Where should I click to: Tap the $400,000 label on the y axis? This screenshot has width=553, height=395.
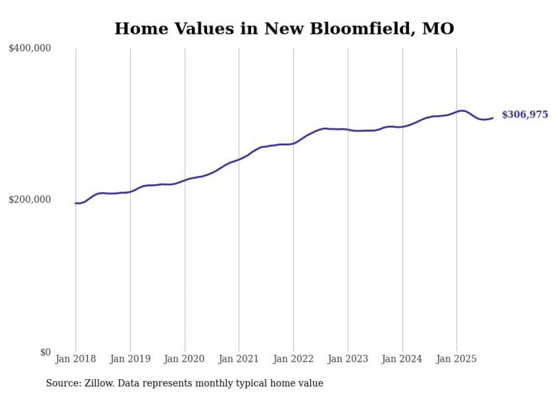point(30,48)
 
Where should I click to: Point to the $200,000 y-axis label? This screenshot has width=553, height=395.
point(30,199)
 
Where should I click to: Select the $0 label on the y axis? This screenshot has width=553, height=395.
point(45,352)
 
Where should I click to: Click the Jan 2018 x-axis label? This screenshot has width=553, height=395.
point(76,359)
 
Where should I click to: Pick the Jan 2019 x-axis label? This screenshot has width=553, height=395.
point(130,359)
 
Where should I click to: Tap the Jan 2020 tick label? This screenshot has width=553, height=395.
point(185,359)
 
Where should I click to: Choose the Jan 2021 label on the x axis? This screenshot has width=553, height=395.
point(239,359)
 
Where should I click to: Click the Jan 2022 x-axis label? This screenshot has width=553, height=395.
point(293,359)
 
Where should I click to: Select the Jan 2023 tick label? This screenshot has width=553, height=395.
point(348,359)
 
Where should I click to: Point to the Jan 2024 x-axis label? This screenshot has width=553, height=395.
point(402,359)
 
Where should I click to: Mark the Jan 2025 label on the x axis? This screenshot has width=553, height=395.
point(457,359)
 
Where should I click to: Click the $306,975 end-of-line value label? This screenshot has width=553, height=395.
point(525,115)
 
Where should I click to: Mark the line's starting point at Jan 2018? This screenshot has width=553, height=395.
point(76,203)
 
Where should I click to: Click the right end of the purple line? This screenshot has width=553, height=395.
point(493,118)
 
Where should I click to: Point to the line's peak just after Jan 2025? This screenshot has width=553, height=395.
point(462,111)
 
